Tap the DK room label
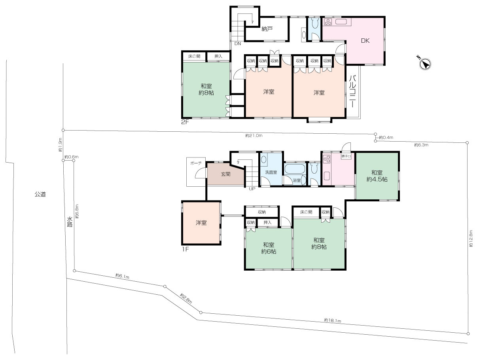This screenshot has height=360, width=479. [x=365, y=40]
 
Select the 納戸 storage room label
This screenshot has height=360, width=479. [x=267, y=29]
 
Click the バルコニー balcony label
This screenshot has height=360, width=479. [x=352, y=91]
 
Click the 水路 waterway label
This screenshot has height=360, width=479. [x=70, y=222]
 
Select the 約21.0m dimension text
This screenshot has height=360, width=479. [x=254, y=136]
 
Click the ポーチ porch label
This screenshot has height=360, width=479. [x=195, y=163]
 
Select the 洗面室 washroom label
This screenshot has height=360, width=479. [x=271, y=172]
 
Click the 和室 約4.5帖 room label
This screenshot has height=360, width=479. [x=377, y=176]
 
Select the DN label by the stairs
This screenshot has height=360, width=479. [x=237, y=44]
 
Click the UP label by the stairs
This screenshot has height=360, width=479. [x=252, y=189]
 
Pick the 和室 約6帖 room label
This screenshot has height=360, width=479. [x=269, y=248]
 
